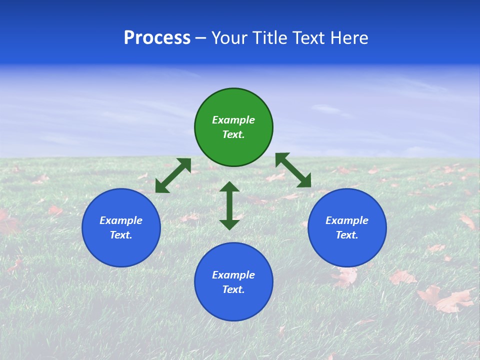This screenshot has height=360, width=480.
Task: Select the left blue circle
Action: tap(121, 227)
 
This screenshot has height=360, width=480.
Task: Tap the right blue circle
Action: tap(347, 227)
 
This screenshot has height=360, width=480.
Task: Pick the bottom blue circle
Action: tap(233, 282)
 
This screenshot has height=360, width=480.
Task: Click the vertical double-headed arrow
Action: tap(229, 205)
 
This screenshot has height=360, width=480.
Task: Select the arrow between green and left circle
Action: tap(173, 175)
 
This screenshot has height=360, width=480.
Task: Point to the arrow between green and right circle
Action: tap(293, 170)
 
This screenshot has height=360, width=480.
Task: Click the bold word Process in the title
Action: tap(157, 38)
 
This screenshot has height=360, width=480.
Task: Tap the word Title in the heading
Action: tap(268, 38)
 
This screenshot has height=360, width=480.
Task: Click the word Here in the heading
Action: tap(350, 38)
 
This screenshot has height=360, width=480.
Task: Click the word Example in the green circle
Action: tap(233, 120)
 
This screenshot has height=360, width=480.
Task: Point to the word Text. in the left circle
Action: tap(121, 235)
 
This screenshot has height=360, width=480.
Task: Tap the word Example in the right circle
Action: tap(347, 220)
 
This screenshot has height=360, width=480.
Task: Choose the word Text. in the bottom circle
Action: tap(233, 289)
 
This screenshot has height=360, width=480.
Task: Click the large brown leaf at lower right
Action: tap(446, 299)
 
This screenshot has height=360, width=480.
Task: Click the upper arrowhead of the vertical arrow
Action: tap(229, 186)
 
